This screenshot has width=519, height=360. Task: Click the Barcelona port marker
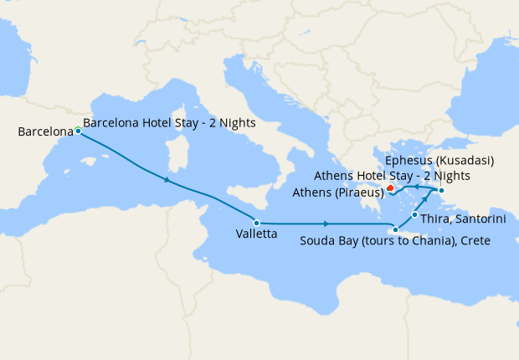pos(78,131)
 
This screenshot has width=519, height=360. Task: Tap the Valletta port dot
pos(257,223)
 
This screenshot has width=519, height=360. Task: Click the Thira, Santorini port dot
pos(415,215)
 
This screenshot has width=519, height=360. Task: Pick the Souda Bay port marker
pos(395,229)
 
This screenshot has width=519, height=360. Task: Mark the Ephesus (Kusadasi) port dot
pos(441,192)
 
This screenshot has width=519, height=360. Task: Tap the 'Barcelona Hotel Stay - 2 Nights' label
pos(170,122)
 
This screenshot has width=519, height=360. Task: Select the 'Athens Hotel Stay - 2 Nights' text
pos(392,176)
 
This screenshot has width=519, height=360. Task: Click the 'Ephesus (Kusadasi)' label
pos(439,161)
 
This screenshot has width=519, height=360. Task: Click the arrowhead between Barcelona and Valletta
pos(169,180)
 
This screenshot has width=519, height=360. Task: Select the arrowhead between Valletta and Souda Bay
pos(325,224)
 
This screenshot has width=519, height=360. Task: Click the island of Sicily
pos(252,198)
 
